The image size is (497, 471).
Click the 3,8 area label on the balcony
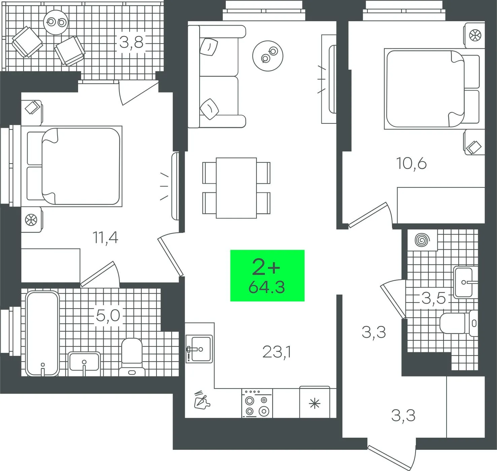tap(131, 42)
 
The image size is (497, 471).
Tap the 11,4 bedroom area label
tap(105, 238)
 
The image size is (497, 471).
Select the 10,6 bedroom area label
tap(411, 163)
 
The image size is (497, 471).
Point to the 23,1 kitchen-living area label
tap(277, 352)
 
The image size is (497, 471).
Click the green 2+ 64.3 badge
tap(267, 276)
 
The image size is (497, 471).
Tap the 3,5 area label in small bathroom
tap(433, 298)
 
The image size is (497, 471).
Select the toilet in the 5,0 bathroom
tap(132, 357)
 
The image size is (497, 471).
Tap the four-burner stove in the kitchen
tap(257, 403)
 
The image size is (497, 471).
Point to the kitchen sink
tap(199, 349)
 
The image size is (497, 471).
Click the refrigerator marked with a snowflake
tap(315, 402)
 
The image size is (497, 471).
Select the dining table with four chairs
tap(236, 188)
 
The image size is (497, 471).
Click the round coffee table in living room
tap(268, 56)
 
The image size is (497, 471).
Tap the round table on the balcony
tap(56, 22)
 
